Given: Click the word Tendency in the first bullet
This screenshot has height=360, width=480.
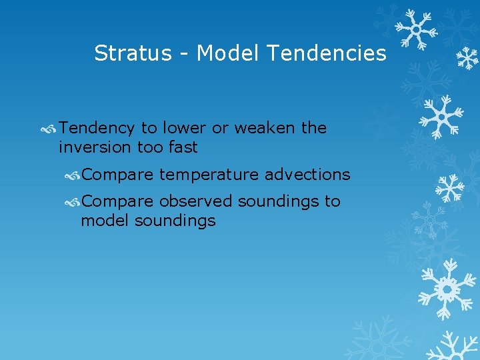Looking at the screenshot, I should coord(97,128).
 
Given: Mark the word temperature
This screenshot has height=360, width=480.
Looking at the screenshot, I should coord(209,175).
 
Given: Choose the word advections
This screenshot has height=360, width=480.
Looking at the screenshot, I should coord(307,175).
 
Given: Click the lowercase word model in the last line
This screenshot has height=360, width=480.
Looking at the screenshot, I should coord(105,221).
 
